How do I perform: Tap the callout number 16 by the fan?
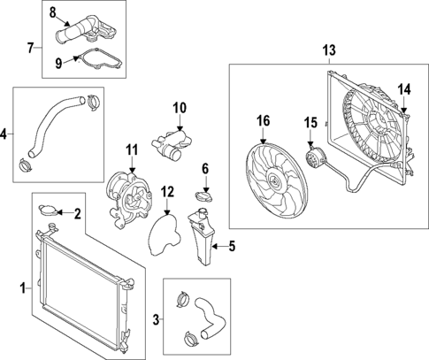coord(263,120)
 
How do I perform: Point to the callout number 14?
coord(404,88)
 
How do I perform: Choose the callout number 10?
coord(180,108)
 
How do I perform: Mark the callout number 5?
coord(232,247)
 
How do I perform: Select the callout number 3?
coord(157,317)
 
